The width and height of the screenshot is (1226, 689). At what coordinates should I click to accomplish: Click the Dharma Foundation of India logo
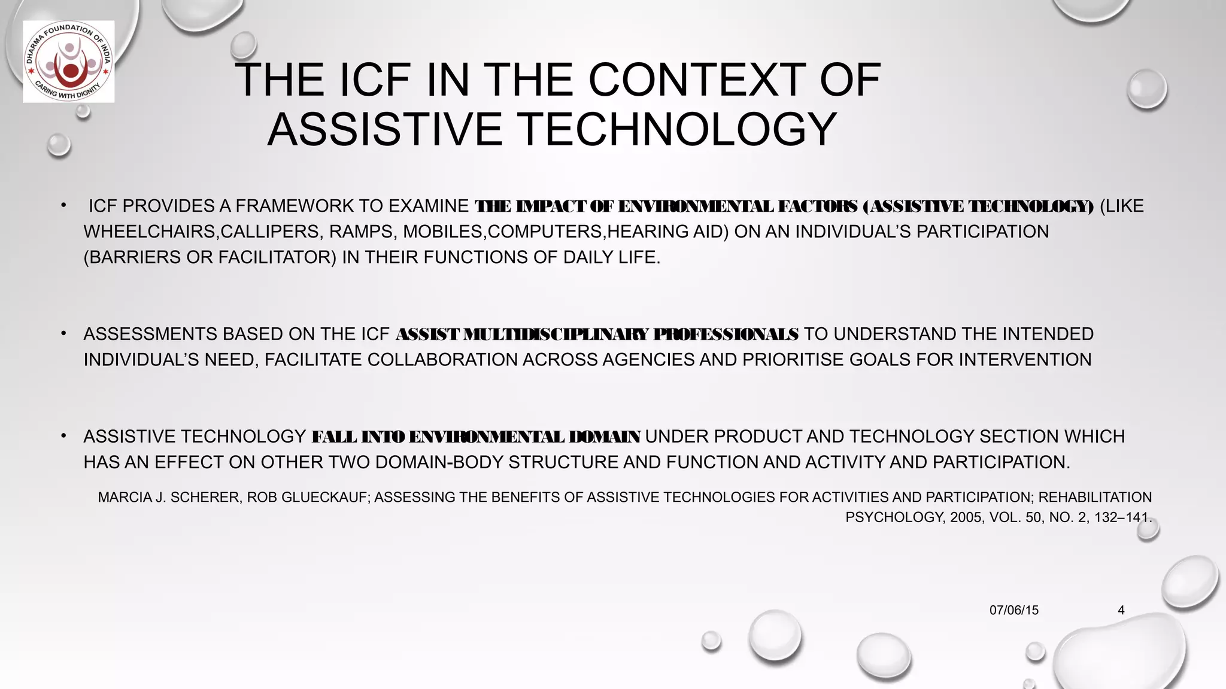(x=69, y=62)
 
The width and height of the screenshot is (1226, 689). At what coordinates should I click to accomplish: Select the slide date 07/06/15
(x=1013, y=610)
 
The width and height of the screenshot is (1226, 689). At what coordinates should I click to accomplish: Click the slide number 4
(x=1121, y=610)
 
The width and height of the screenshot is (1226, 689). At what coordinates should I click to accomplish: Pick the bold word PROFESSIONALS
(x=726, y=334)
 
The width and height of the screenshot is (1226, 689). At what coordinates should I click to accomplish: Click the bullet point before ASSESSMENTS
(x=63, y=333)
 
